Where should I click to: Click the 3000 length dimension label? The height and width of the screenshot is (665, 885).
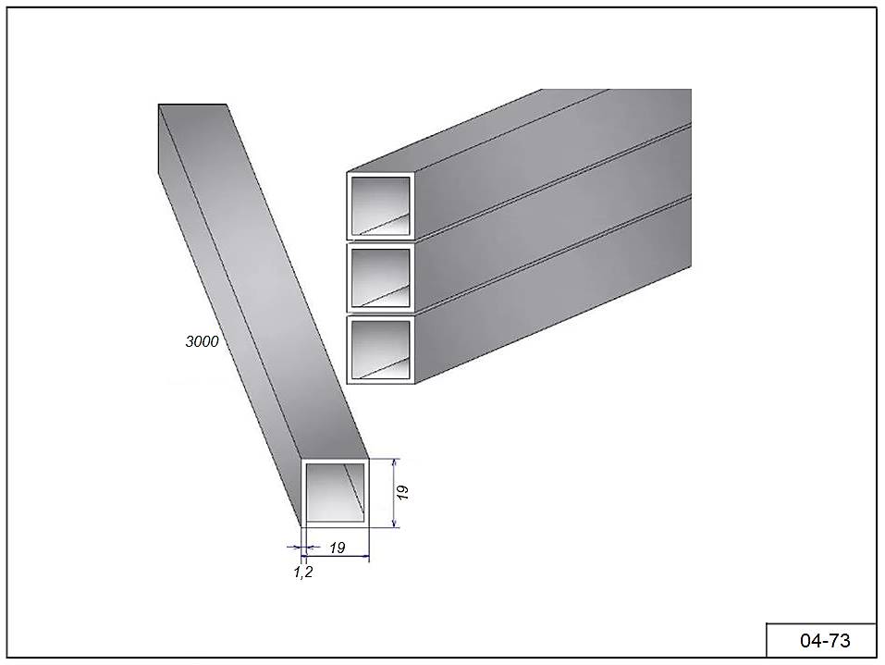pyautogui.click(x=202, y=341)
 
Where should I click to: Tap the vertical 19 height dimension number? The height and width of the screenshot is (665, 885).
pyautogui.click(x=402, y=492)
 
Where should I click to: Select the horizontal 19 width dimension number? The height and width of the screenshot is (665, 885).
pyautogui.click(x=337, y=548)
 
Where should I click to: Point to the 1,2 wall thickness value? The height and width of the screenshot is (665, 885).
pyautogui.click(x=303, y=573)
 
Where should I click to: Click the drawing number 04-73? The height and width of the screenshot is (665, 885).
pyautogui.click(x=825, y=641)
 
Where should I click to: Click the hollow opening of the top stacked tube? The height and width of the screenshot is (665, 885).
pyautogui.click(x=381, y=206)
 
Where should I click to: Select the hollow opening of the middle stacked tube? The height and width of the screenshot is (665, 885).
pyautogui.click(x=381, y=277)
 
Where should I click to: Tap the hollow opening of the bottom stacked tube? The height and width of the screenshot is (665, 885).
pyautogui.click(x=381, y=350)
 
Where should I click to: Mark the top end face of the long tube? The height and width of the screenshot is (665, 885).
pyautogui.click(x=192, y=105)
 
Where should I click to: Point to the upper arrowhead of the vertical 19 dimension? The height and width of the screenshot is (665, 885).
pyautogui.click(x=395, y=462)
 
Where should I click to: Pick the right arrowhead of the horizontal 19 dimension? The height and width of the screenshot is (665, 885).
pyautogui.click(x=364, y=556)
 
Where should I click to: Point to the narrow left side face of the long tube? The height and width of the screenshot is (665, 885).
pyautogui.click(x=229, y=316)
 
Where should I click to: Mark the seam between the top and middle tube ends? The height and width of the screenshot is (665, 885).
pyautogui.click(x=381, y=242)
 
